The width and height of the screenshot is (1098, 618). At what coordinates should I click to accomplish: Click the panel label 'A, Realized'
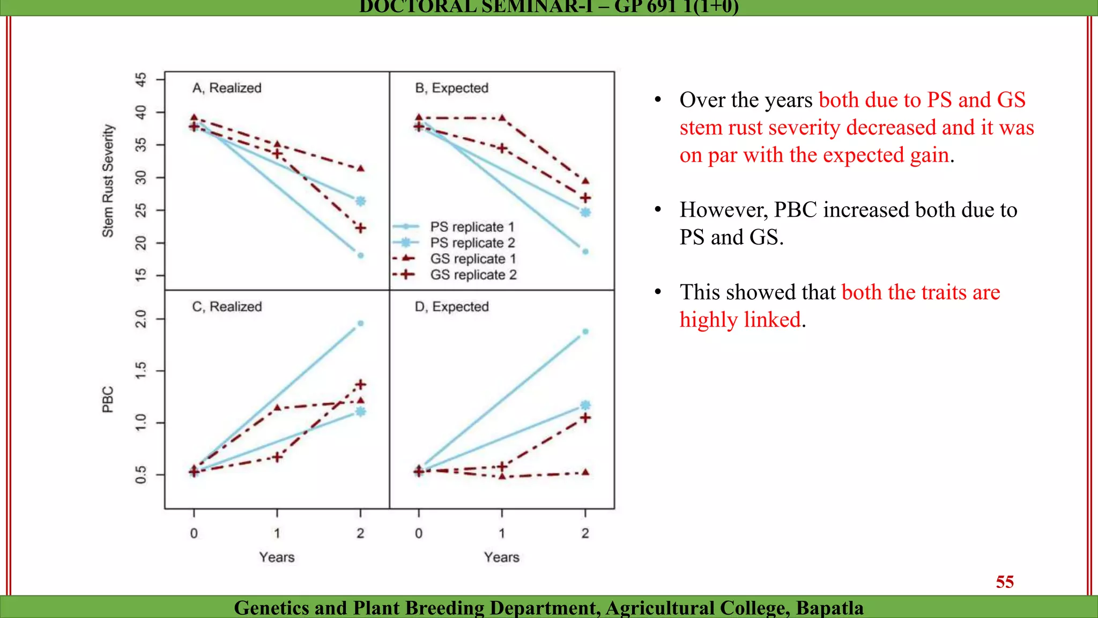pos(227,88)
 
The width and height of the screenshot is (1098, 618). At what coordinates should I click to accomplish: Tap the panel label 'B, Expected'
pos(451,88)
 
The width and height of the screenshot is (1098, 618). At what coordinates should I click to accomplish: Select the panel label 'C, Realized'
pos(227,307)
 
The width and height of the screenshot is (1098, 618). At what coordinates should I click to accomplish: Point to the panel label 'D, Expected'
pos(451,307)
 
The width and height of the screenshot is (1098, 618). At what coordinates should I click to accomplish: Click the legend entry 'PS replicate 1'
pos(472,227)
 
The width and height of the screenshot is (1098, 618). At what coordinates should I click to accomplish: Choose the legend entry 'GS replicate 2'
pos(473,275)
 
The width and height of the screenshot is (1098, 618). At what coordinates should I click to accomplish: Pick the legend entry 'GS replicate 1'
pos(473,259)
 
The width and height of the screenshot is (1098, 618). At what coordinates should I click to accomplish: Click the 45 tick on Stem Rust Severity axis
pos(140,80)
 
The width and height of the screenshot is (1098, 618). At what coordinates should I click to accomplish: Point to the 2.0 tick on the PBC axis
pos(140,319)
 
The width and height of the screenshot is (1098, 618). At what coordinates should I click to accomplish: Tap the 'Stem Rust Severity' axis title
pos(108,181)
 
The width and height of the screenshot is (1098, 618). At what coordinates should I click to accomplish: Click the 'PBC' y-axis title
pos(108,400)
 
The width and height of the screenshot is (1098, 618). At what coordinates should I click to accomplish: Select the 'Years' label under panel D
pos(501,557)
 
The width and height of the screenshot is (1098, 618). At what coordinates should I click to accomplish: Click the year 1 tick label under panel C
pos(277,533)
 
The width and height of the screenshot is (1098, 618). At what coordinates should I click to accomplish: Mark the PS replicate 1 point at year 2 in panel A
pos(360,255)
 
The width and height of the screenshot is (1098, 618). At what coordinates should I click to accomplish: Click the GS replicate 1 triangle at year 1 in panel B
pos(502,117)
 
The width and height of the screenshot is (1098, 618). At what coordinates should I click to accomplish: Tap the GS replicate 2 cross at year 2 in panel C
pos(360,385)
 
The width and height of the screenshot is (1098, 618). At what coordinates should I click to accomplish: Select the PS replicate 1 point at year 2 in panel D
pos(585,332)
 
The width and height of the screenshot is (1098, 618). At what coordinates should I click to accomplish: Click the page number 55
pos(1004,582)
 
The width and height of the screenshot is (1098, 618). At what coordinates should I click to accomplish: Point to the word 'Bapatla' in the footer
pos(829,608)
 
